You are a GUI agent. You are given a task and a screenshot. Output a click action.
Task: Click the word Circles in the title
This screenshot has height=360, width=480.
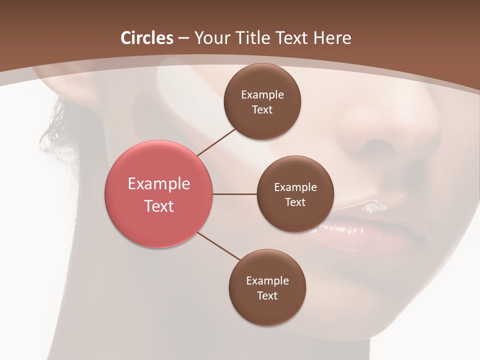coord(147,38)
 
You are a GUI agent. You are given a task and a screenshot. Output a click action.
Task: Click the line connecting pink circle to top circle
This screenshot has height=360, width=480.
coord(217,142)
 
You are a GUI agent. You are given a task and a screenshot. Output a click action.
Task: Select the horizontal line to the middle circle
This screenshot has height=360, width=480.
coord(235,194)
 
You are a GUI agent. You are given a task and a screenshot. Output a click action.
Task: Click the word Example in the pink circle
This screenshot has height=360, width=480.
coord(159,184)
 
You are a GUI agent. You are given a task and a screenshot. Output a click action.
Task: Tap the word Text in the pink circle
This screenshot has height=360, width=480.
coord(159,206)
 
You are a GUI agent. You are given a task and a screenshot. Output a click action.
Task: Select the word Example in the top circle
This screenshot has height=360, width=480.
coord(262,95)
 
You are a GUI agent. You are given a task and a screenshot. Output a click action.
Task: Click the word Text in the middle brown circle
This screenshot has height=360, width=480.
coord(295,202)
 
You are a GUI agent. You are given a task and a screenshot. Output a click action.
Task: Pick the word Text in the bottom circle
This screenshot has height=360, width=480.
coord(267,295)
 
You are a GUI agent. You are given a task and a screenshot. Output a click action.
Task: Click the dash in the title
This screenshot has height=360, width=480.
coord(183,38)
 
